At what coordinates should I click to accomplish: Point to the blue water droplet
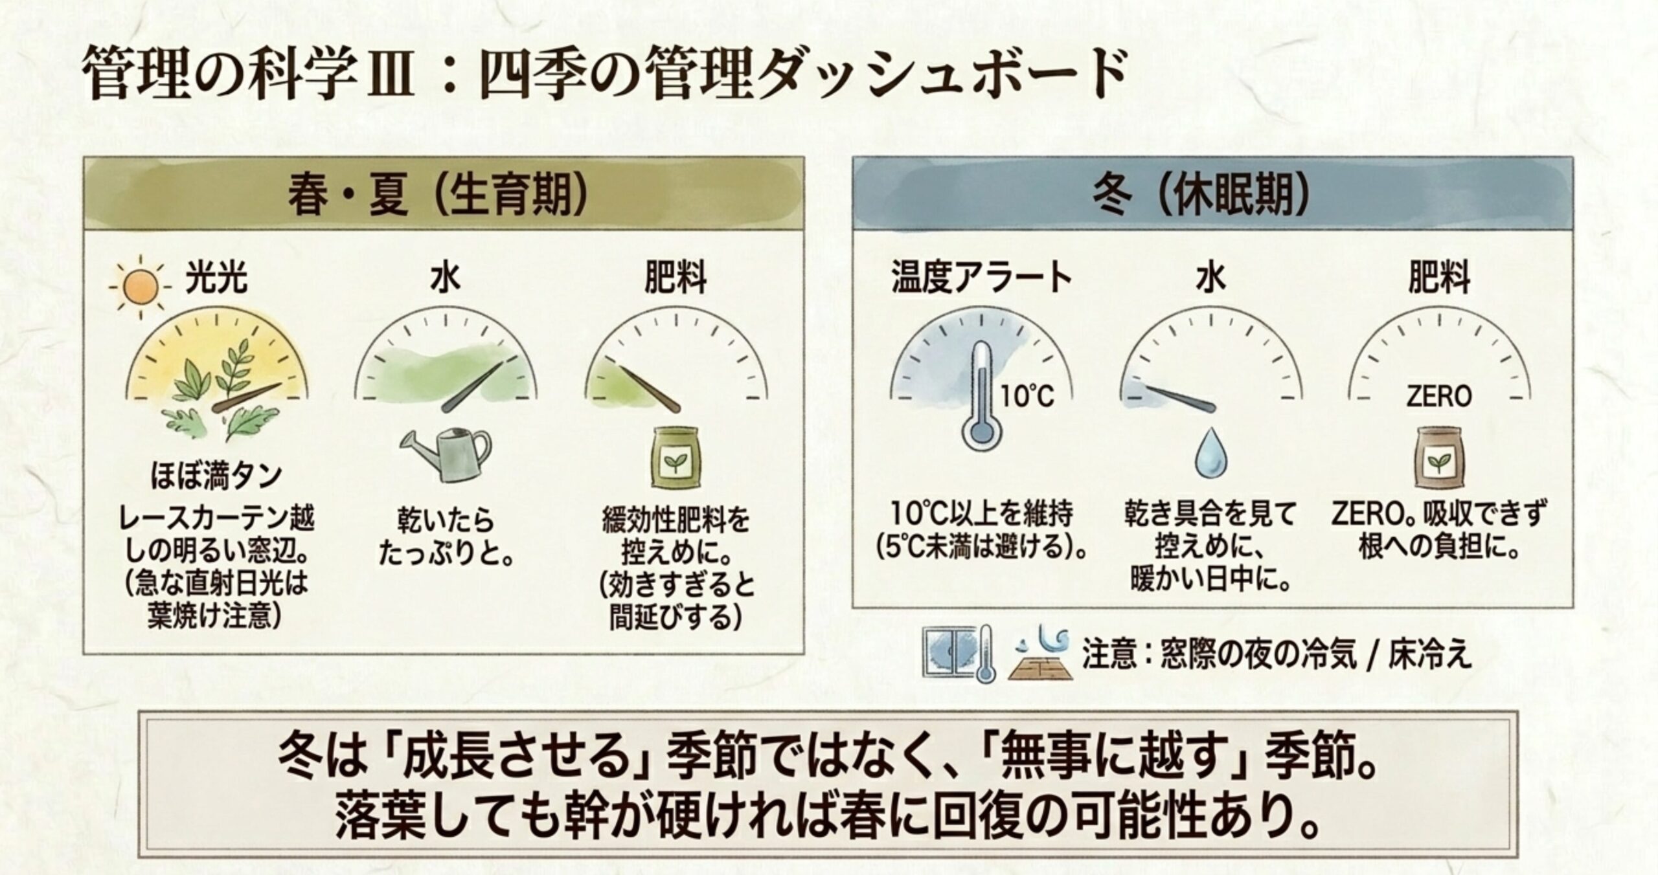pyautogui.click(x=1210, y=453)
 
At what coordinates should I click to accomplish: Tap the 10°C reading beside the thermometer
pyautogui.click(x=1028, y=395)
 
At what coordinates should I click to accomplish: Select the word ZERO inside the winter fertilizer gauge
pyautogui.click(x=1439, y=396)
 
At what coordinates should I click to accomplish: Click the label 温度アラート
pyautogui.click(x=982, y=278)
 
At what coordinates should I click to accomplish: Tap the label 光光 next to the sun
pyautogui.click(x=216, y=279)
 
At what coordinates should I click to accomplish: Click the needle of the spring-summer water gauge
pyautogui.click(x=474, y=386)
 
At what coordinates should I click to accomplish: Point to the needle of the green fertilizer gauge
pyautogui.click(x=648, y=388)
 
